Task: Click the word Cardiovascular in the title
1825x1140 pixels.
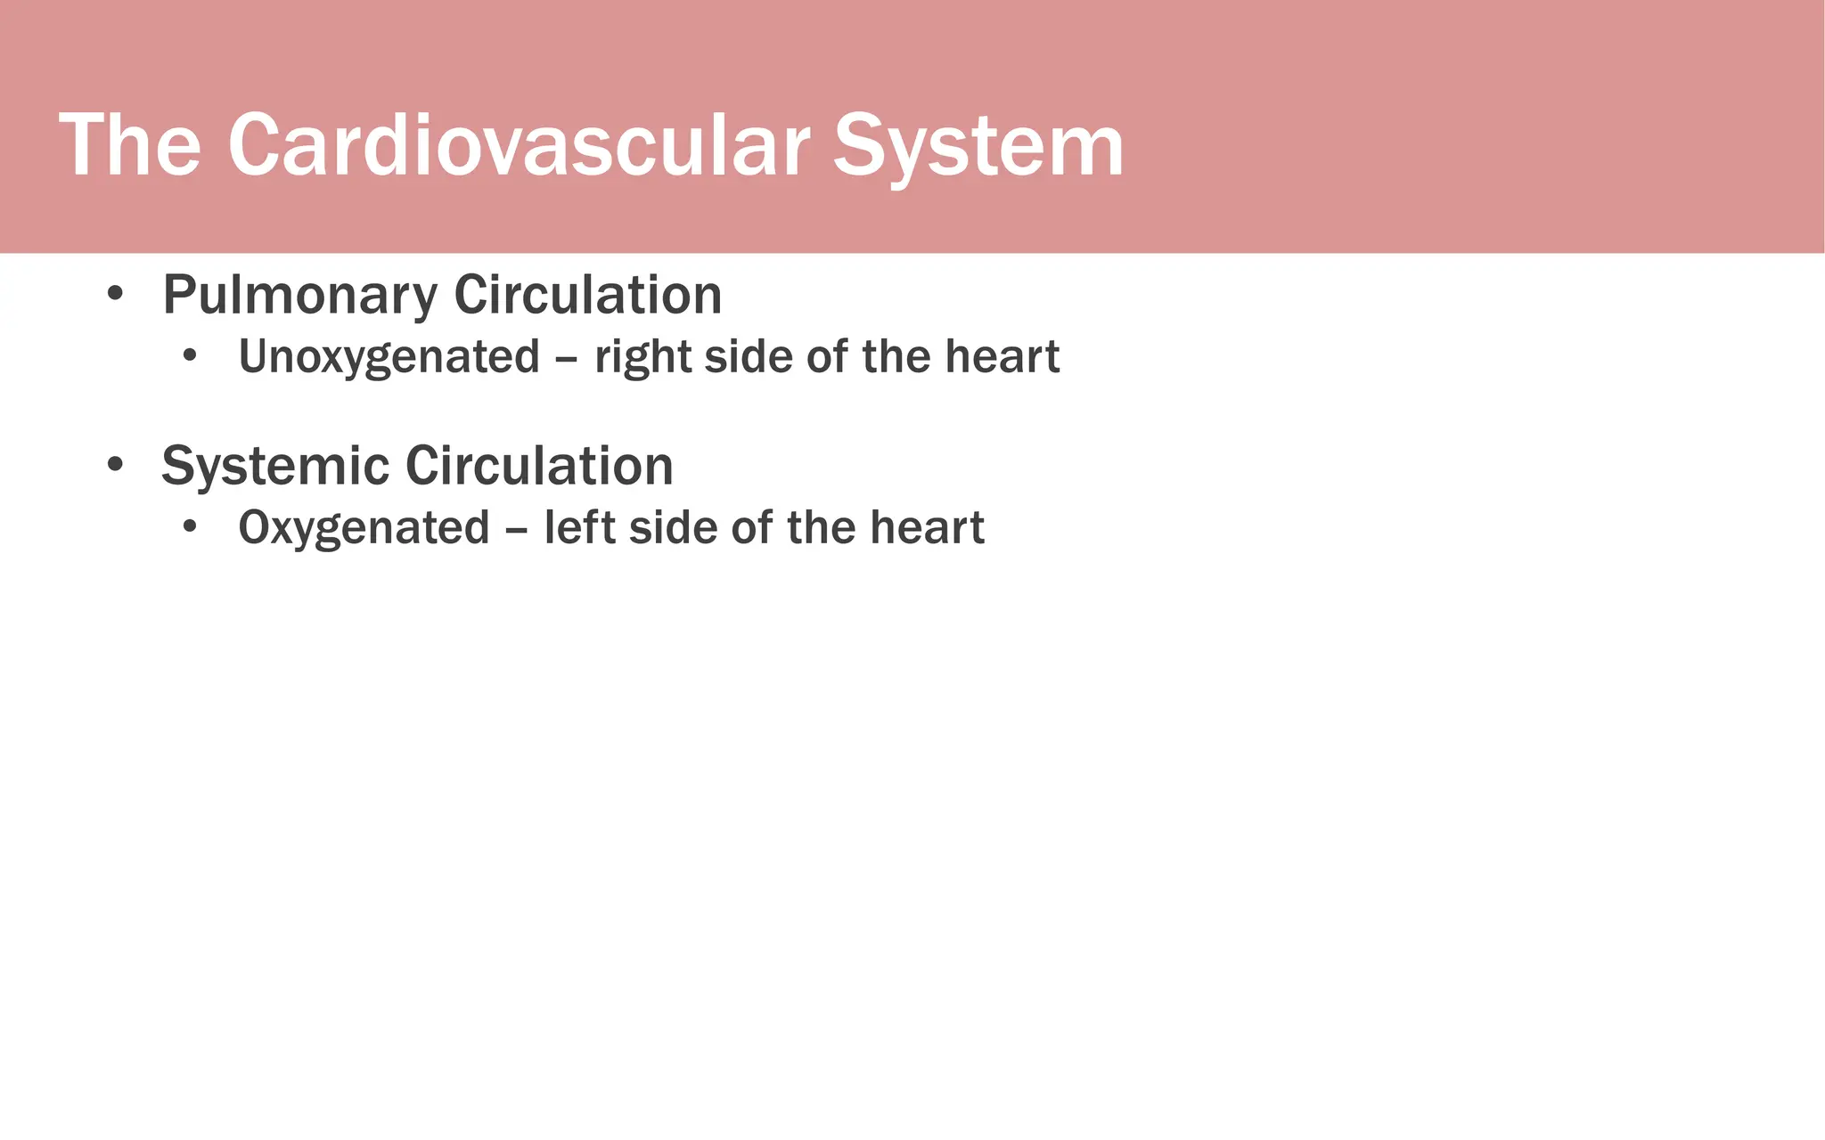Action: pyautogui.click(x=519, y=146)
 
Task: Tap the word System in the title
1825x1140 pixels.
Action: pyautogui.click(x=978, y=146)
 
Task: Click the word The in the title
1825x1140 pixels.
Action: pyautogui.click(x=130, y=146)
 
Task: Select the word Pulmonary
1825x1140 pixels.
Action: pyautogui.click(x=300, y=296)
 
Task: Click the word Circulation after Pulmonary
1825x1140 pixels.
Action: pyautogui.click(x=588, y=296)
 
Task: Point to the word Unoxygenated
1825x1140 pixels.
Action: pyautogui.click(x=389, y=358)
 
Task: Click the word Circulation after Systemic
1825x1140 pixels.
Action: pyautogui.click(x=539, y=467)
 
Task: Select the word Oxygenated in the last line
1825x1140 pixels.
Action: pyautogui.click(x=364, y=528)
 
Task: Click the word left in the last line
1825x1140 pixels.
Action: pyautogui.click(x=579, y=528)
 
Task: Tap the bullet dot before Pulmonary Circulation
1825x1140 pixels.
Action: pyautogui.click(x=114, y=294)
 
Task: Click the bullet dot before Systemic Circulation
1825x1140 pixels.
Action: pyautogui.click(x=114, y=465)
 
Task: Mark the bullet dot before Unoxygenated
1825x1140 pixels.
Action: pyautogui.click(x=189, y=356)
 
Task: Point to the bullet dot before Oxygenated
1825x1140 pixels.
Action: pyautogui.click(x=189, y=527)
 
